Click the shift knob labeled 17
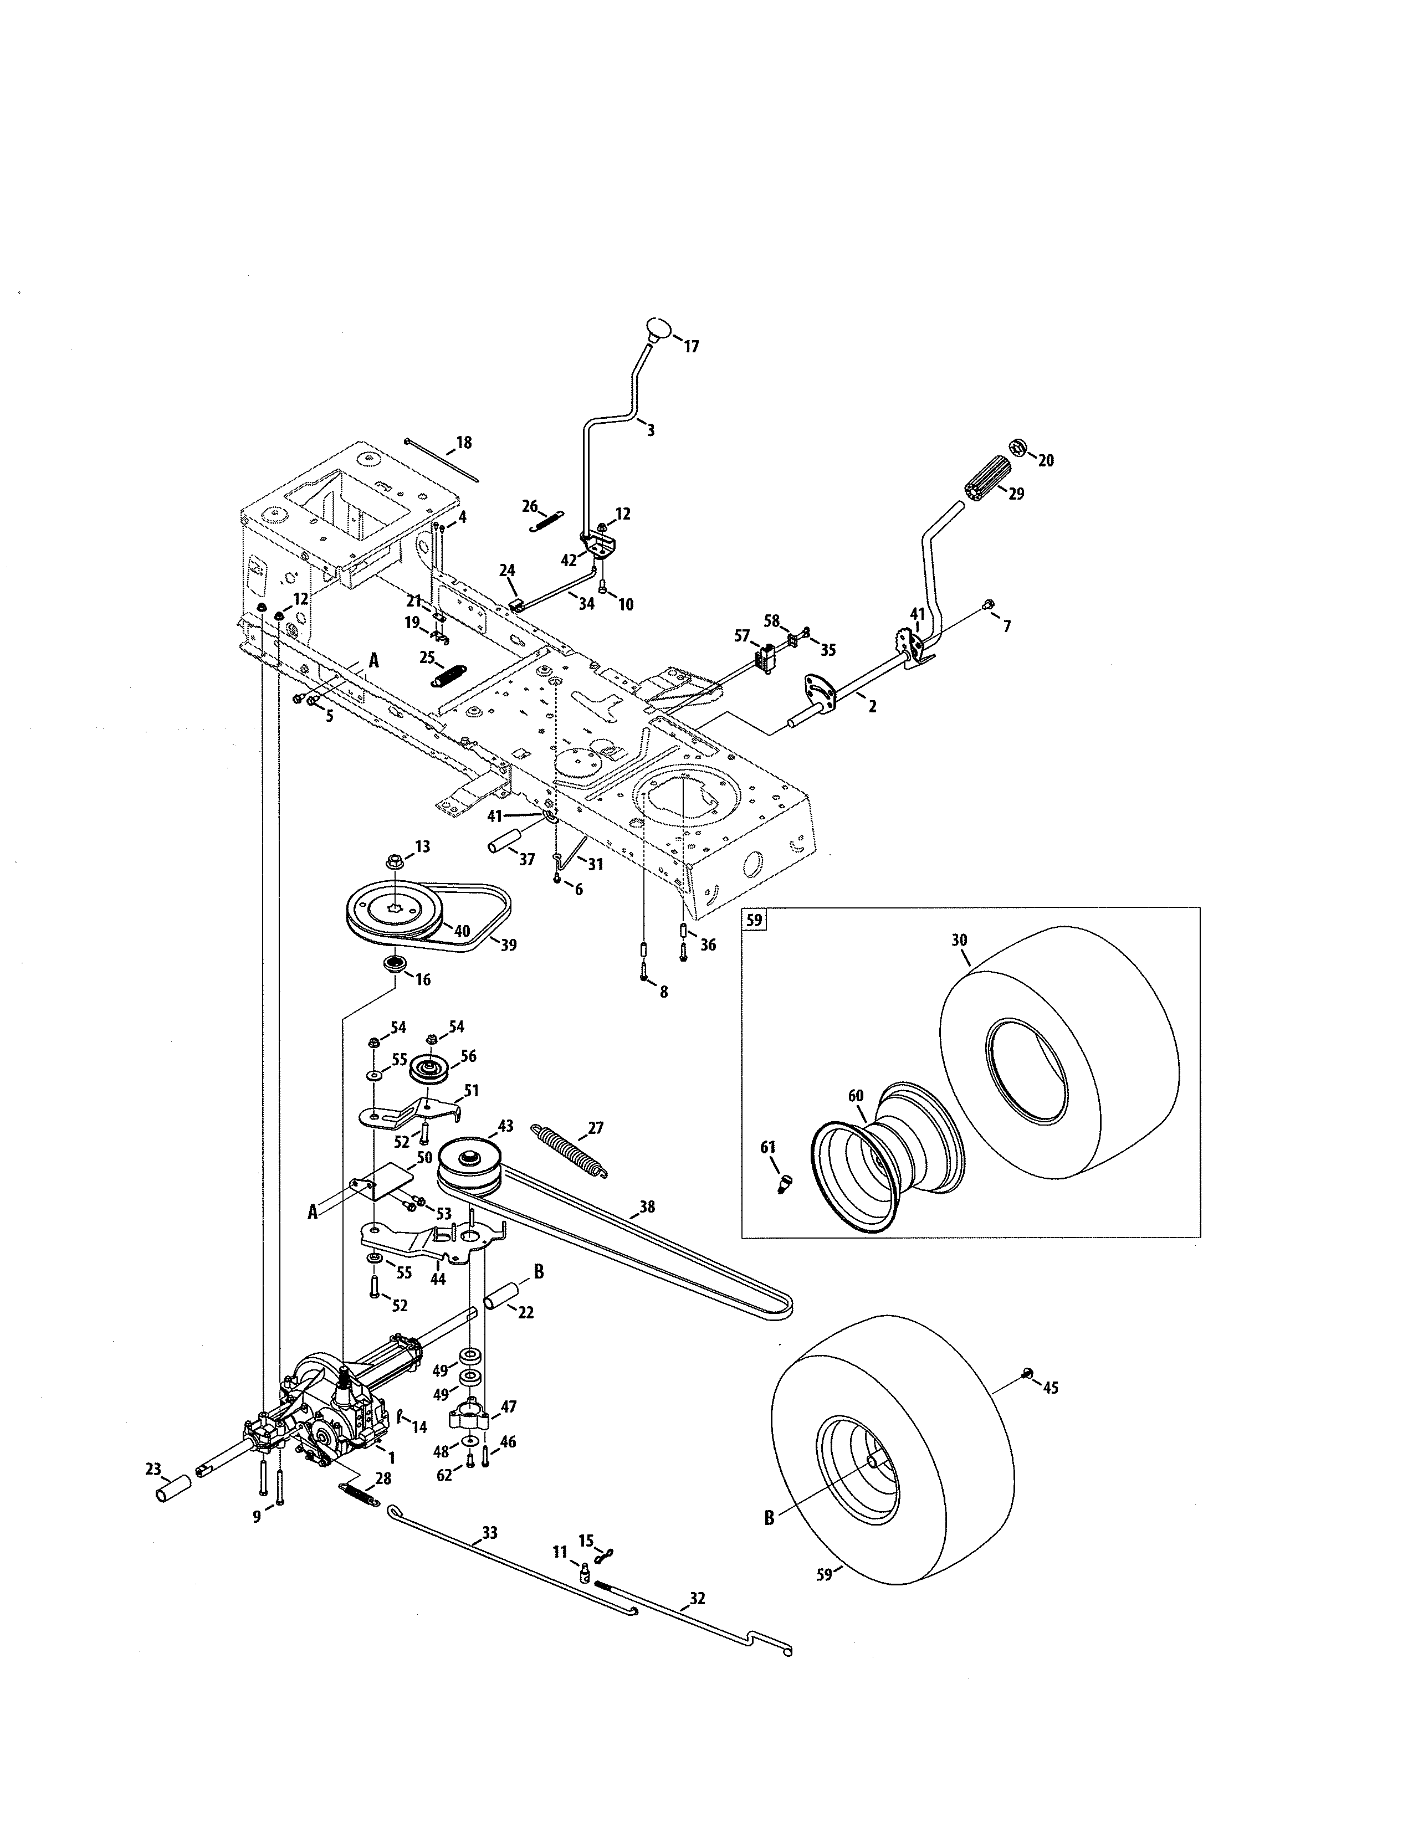click(659, 327)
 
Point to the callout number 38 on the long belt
click(647, 1207)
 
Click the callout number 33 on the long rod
click(490, 1533)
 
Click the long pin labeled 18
click(441, 460)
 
